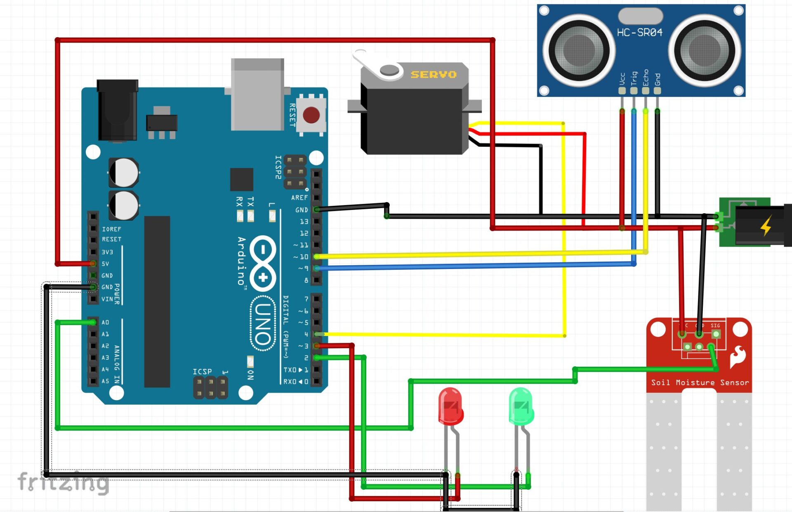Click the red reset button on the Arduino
click(x=311, y=115)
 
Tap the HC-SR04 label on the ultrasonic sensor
click(x=639, y=32)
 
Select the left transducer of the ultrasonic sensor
click(x=579, y=50)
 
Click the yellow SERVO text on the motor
click(x=433, y=75)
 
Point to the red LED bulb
click(x=450, y=406)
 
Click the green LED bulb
click(x=521, y=406)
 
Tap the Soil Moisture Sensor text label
click(x=700, y=382)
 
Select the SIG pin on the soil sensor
click(x=716, y=333)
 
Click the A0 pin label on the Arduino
click(x=106, y=322)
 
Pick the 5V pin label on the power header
click(x=106, y=264)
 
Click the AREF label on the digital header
click(x=299, y=198)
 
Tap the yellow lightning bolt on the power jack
click(x=766, y=226)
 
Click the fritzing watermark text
click(x=63, y=482)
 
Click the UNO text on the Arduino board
click(x=263, y=324)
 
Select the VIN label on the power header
click(x=107, y=299)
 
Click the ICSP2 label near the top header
click(x=278, y=167)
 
